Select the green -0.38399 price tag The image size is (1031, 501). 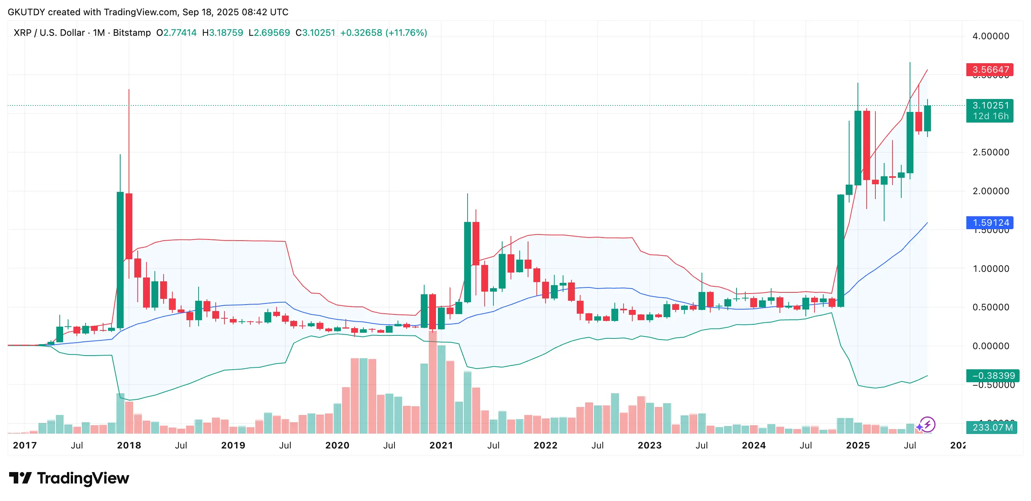pos(992,376)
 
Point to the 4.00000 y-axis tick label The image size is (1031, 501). pos(991,36)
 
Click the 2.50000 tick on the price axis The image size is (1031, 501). pos(991,152)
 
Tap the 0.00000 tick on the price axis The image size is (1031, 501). pos(991,346)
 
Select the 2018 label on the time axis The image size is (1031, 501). pos(129,445)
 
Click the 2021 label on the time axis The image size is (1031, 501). pos(441,445)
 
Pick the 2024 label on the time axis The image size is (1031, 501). pos(753,445)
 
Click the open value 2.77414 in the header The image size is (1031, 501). pos(180,33)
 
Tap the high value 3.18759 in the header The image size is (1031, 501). pos(226,33)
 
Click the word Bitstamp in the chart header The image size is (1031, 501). pos(132,33)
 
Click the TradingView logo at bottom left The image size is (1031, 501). pos(69,478)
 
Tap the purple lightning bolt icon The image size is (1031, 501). pos(928,424)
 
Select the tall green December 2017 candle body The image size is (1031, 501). pos(120,260)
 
